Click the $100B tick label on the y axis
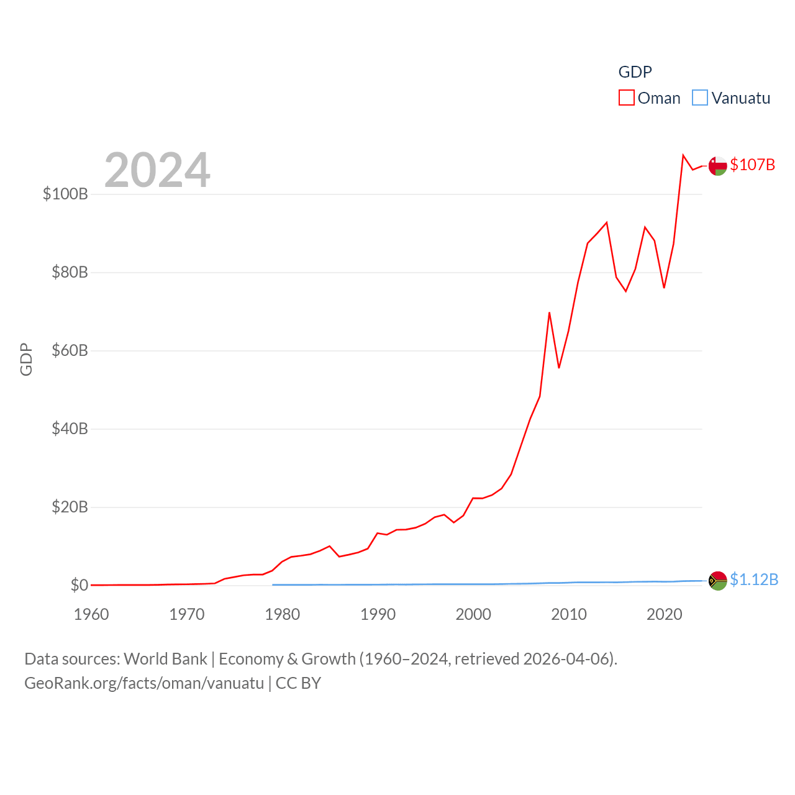click(x=65, y=194)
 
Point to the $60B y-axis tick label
click(x=70, y=350)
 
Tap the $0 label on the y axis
click(x=79, y=585)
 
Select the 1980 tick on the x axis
click(x=282, y=615)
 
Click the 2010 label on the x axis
click(x=568, y=615)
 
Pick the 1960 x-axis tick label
click(x=91, y=615)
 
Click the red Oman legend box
click(x=626, y=98)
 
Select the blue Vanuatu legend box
click(x=699, y=98)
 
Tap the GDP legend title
click(x=635, y=72)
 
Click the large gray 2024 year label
click(x=157, y=170)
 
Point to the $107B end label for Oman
click(x=752, y=165)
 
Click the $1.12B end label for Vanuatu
click(x=753, y=579)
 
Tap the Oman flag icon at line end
click(x=717, y=166)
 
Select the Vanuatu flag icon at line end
click(x=717, y=580)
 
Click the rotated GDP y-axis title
click(x=26, y=359)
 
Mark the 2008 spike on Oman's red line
click(x=549, y=313)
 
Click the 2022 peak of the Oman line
click(x=683, y=155)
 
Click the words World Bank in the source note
click(x=165, y=658)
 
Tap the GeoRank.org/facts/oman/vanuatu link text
click(x=144, y=683)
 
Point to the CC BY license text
click(x=298, y=683)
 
